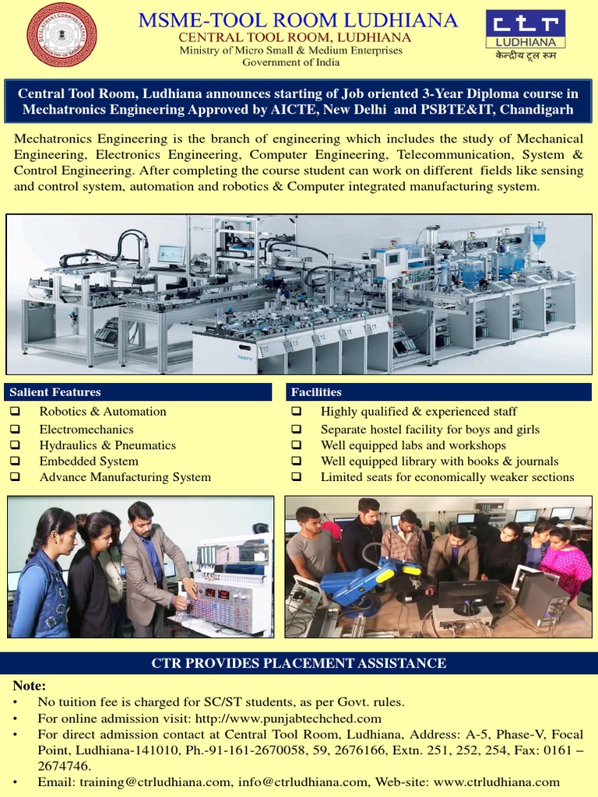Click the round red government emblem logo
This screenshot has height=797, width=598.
pos(62,35)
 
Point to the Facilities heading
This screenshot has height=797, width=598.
pos(316,391)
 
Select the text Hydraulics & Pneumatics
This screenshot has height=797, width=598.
pos(107,445)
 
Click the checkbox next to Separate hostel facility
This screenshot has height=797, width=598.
pos(296,429)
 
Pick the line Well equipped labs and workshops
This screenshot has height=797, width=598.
pos(413,445)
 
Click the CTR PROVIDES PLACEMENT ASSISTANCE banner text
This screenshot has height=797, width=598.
pos(298,663)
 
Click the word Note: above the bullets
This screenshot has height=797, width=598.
pos(30,686)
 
